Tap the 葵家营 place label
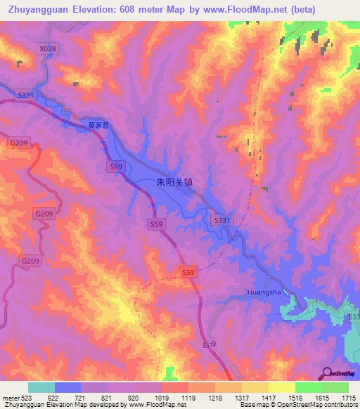pos(99,125)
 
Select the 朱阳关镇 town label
pos(174,181)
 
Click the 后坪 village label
pos(210,344)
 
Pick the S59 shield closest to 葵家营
pos(117,166)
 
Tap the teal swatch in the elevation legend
pos(41,387)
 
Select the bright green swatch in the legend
pos(308,387)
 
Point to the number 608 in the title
pos(130,10)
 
